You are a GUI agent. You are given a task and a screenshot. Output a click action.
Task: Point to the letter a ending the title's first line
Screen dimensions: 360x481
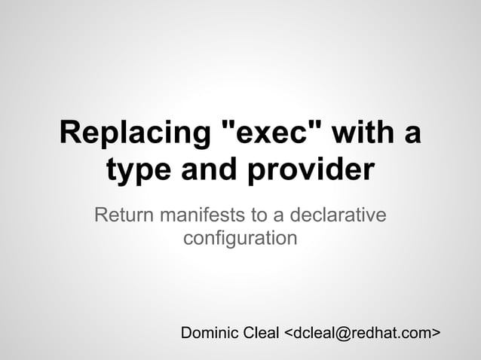click(x=412, y=135)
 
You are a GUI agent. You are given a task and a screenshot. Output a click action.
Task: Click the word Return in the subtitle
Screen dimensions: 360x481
click(x=121, y=216)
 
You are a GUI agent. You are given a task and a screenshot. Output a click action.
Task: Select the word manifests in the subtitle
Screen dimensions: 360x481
click(x=202, y=216)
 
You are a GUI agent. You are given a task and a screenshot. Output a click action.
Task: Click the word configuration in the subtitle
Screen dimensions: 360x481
click(x=240, y=240)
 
